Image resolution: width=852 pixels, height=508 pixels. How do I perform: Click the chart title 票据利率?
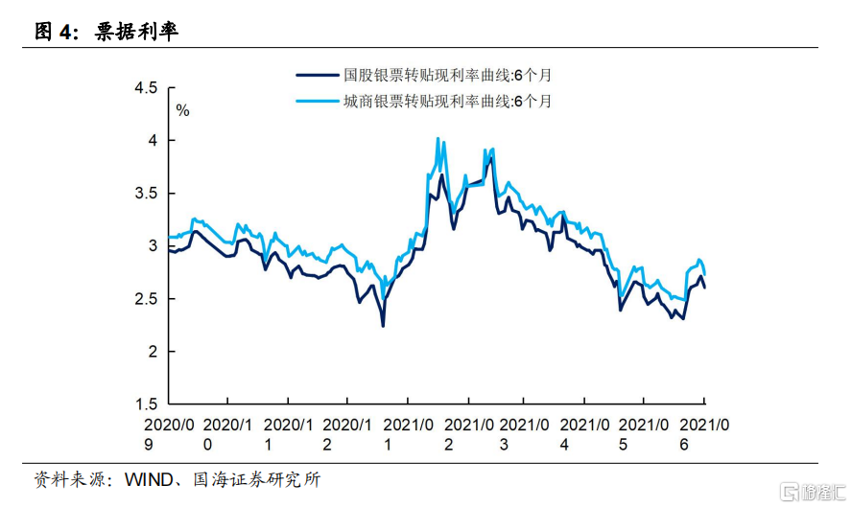pos(136,32)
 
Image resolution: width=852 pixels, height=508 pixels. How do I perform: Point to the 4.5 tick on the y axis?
pos(146,88)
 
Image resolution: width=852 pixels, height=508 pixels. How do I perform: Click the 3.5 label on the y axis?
pos(146,194)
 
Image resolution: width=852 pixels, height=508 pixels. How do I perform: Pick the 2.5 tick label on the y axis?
pos(146,299)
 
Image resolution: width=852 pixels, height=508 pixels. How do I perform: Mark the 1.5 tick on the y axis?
pos(146,404)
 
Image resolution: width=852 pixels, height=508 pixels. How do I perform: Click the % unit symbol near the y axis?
pos(182,111)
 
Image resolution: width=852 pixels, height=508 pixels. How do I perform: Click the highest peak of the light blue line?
pos(438,138)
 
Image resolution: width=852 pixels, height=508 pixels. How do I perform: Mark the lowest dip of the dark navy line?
pos(383,326)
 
